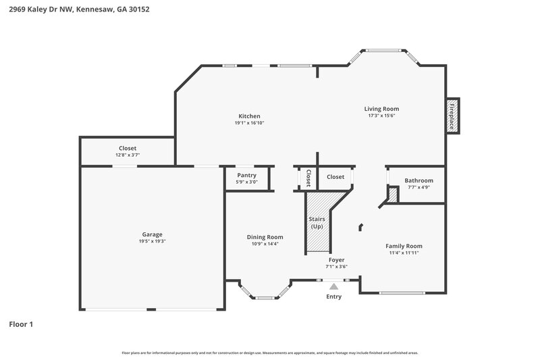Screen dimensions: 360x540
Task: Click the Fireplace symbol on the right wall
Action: pyautogui.click(x=453, y=116)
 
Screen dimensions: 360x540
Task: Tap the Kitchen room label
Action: pyautogui.click(x=248, y=116)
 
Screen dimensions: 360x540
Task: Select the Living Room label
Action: pyautogui.click(x=381, y=109)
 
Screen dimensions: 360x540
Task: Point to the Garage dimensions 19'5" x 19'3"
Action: pyautogui.click(x=152, y=241)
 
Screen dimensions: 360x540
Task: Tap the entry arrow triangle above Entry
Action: pyautogui.click(x=333, y=286)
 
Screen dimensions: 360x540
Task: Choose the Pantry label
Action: pyautogui.click(x=246, y=176)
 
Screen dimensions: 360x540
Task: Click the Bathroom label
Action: pyautogui.click(x=418, y=180)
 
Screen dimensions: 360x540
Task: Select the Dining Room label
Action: pyautogui.click(x=265, y=237)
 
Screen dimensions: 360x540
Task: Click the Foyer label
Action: pyautogui.click(x=336, y=259)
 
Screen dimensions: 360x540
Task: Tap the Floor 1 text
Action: pyautogui.click(x=21, y=324)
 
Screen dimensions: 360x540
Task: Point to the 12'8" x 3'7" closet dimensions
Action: pyautogui.click(x=128, y=155)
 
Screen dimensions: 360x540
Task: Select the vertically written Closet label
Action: pyautogui.click(x=308, y=178)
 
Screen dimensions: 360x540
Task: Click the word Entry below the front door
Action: pyautogui.click(x=333, y=297)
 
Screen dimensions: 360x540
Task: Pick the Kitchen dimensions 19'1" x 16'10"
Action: pyautogui.click(x=248, y=123)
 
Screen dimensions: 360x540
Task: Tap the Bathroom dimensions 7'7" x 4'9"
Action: pyautogui.click(x=418, y=187)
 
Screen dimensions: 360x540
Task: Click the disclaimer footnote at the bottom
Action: pyautogui.click(x=269, y=353)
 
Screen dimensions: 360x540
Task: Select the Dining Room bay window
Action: pyautogui.click(x=265, y=295)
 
